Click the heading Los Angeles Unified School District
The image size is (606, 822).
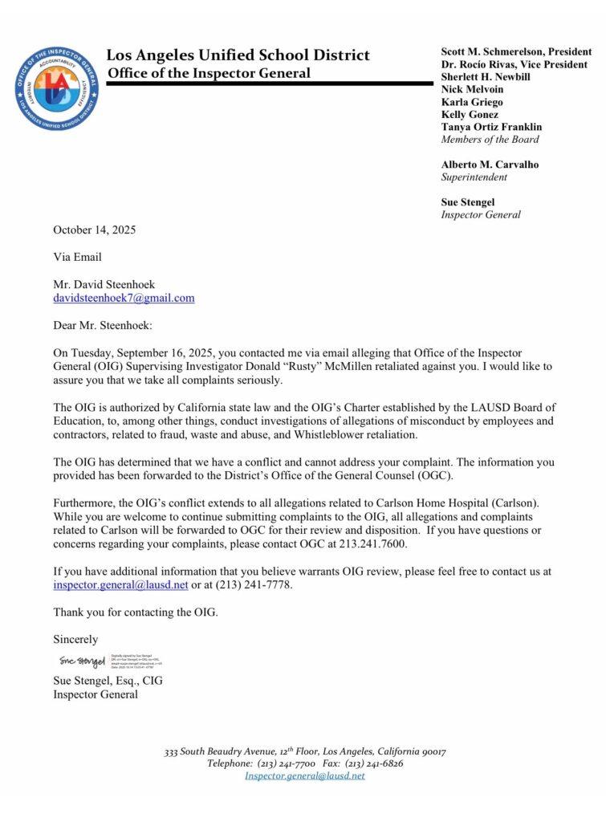pyautogui.click(x=238, y=55)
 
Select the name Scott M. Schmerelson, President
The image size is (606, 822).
pyautogui.click(x=516, y=51)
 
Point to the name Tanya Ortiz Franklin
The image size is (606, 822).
pyautogui.click(x=491, y=127)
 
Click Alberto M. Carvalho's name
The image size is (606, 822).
pyautogui.click(x=490, y=165)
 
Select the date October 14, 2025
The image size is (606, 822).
pyautogui.click(x=95, y=230)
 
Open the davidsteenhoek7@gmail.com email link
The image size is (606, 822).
pyautogui.click(x=124, y=298)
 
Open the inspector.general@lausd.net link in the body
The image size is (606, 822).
pyautogui.click(x=120, y=585)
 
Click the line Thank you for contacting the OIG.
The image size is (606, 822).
pyautogui.click(x=136, y=612)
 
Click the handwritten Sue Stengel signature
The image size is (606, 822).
pyautogui.click(x=81, y=661)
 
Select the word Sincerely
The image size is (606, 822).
pyautogui.click(x=75, y=640)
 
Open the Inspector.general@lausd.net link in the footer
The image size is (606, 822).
pyautogui.click(x=304, y=775)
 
